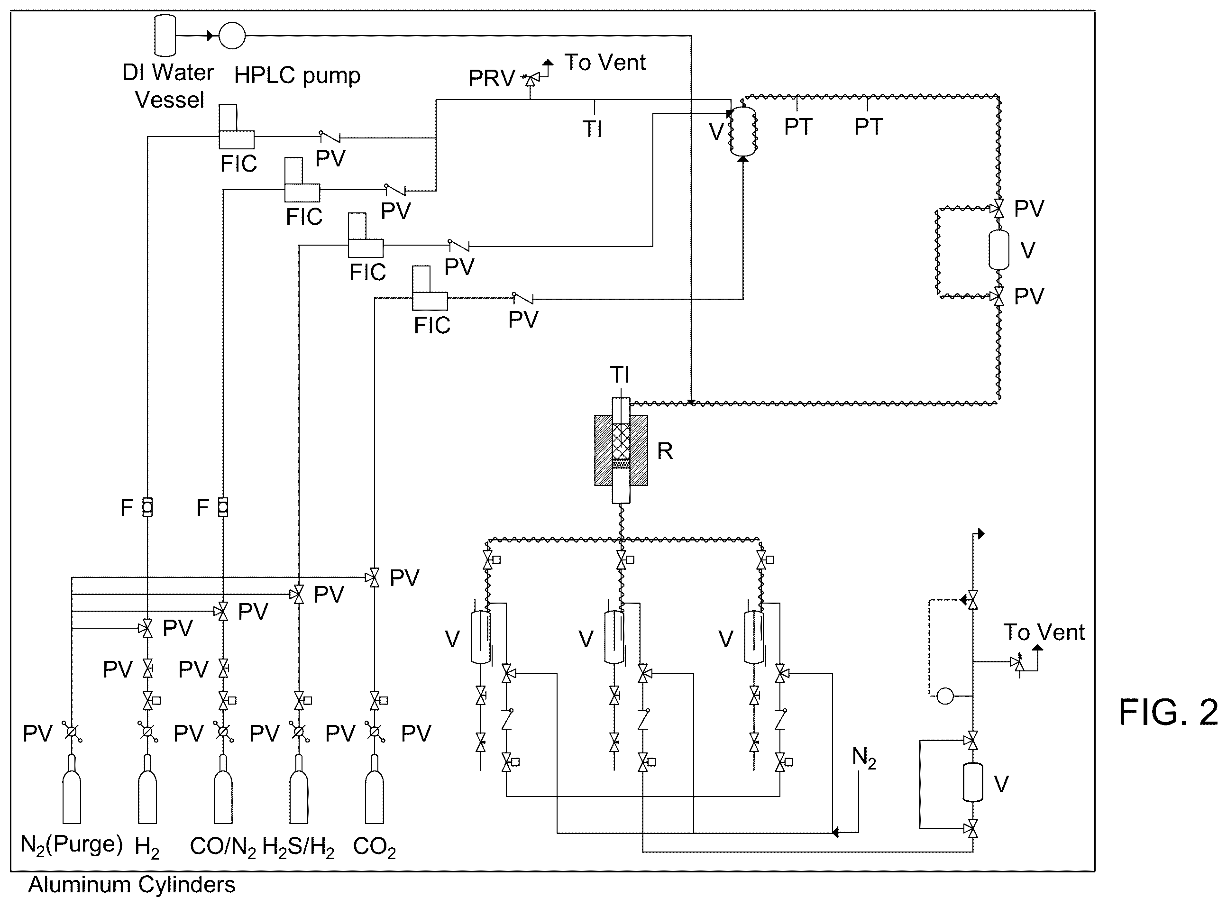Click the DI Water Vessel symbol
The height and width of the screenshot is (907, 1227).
point(165,35)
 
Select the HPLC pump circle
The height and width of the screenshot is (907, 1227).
point(232,36)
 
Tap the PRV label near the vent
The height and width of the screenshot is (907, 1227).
point(491,79)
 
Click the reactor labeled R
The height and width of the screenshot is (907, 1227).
point(621,450)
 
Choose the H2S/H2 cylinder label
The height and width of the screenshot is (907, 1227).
point(298,847)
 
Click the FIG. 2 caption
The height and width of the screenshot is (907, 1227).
point(1168,713)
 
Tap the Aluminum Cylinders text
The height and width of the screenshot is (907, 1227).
point(132,885)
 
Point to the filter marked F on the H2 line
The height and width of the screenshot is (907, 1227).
point(147,507)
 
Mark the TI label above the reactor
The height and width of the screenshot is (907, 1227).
point(620,375)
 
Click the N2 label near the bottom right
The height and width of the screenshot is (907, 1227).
point(863,758)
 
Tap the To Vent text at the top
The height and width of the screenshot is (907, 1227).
point(605,62)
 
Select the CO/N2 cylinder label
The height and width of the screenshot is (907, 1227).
point(223,847)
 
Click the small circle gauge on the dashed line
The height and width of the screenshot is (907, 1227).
point(945,696)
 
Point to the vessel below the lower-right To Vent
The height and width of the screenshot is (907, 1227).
point(973,782)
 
